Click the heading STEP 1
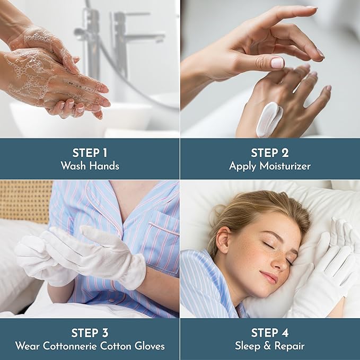[90, 153]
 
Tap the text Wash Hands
[90, 166]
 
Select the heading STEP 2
[270, 153]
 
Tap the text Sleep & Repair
[270, 346]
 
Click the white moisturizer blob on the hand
[269, 118]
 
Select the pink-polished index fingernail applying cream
[277, 63]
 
